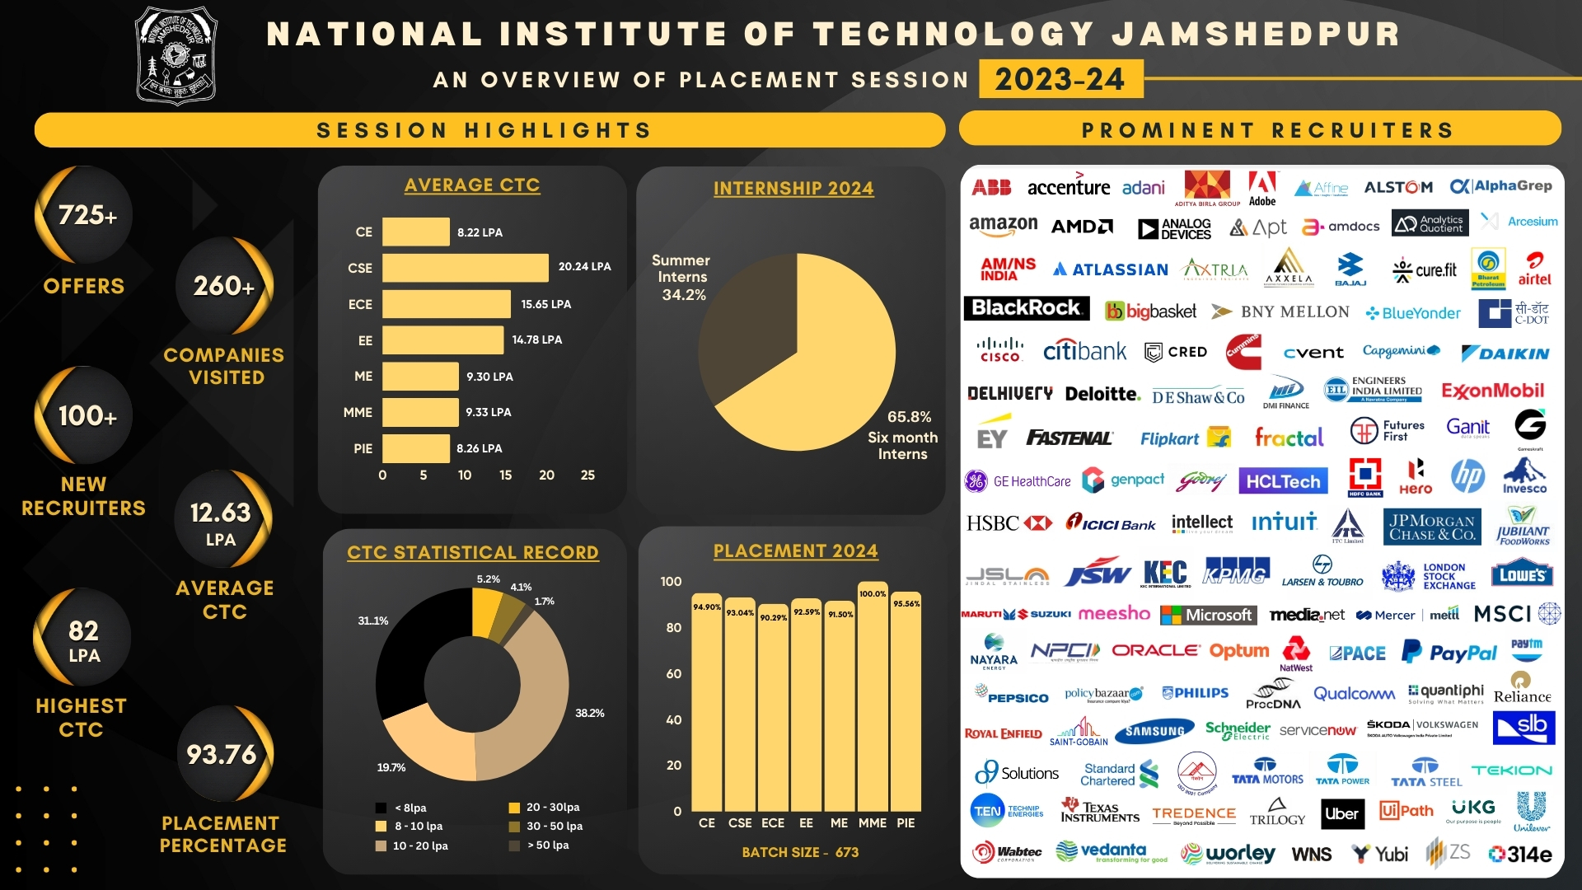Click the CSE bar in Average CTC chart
[x=465, y=268]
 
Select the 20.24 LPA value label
[x=584, y=267]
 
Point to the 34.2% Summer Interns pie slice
[x=746, y=330]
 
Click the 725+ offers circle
[x=86, y=216]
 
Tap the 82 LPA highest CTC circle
[x=83, y=639]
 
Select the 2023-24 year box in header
[x=1060, y=79]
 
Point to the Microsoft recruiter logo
[x=1208, y=615]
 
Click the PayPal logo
[x=1449, y=653]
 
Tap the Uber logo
[x=1341, y=813]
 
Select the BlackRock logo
[x=1026, y=308]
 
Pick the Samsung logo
[x=1154, y=731]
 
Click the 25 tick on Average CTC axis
[x=587, y=475]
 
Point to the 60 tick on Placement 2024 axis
[x=674, y=674]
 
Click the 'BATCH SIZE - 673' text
[x=800, y=852]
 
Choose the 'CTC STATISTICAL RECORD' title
[x=473, y=552]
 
